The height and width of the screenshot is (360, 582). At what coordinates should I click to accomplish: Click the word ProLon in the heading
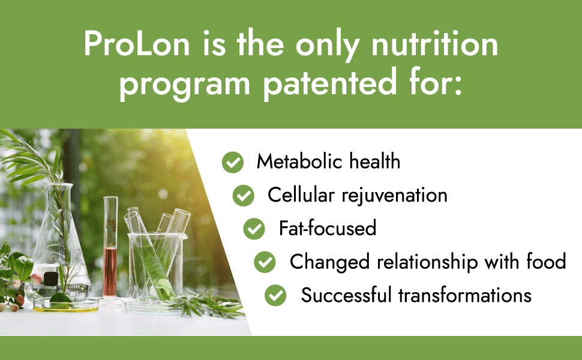(x=137, y=43)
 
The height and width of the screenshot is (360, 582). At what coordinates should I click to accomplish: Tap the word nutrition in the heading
(x=434, y=43)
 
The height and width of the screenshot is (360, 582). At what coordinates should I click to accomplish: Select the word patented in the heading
(x=330, y=83)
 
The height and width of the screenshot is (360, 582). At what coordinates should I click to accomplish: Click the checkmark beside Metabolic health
(x=233, y=163)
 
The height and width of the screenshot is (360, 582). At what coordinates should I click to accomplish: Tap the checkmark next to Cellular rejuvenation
(x=244, y=196)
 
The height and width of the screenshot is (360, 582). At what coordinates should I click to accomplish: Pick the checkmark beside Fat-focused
(x=254, y=229)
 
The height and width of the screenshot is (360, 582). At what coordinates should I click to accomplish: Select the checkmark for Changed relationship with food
(x=265, y=262)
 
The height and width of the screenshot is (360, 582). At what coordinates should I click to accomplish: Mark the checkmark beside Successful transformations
(x=275, y=295)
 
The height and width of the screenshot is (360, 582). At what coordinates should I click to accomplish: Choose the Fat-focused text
(x=328, y=228)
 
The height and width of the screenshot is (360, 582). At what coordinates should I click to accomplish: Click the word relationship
(x=427, y=262)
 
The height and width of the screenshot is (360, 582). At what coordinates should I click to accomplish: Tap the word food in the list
(x=546, y=261)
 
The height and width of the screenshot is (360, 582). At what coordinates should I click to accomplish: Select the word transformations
(x=465, y=295)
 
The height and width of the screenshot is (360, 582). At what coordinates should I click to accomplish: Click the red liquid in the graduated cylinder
(x=110, y=272)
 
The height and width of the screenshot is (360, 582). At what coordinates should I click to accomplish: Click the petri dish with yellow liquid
(x=66, y=305)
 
